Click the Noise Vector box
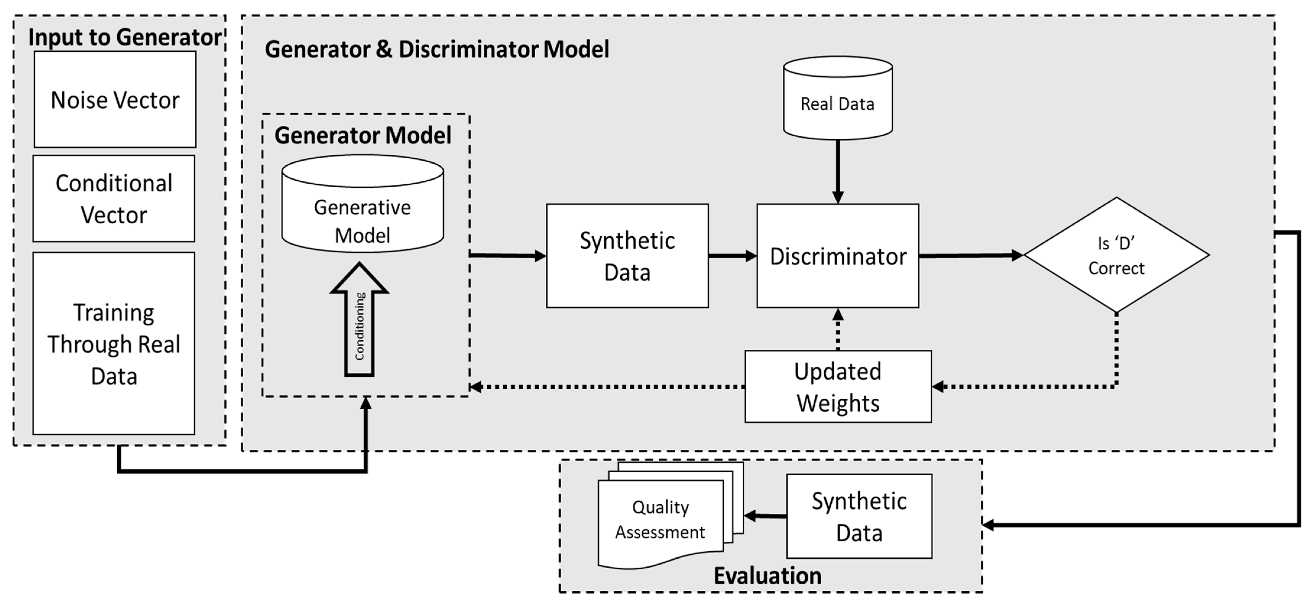pyautogui.click(x=115, y=99)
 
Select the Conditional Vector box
pyautogui.click(x=114, y=198)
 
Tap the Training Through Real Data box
pyautogui.click(x=114, y=343)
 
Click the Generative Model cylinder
pyautogui.click(x=362, y=204)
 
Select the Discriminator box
pyautogui.click(x=838, y=256)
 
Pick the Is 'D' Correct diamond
pyautogui.click(x=1116, y=255)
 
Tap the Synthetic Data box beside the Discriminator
pyautogui.click(x=627, y=256)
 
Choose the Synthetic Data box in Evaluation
pyautogui.click(x=859, y=516)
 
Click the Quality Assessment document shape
pyautogui.click(x=660, y=520)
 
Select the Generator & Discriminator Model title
pyautogui.click(x=437, y=49)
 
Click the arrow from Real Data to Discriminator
pyautogui.click(x=838, y=171)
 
